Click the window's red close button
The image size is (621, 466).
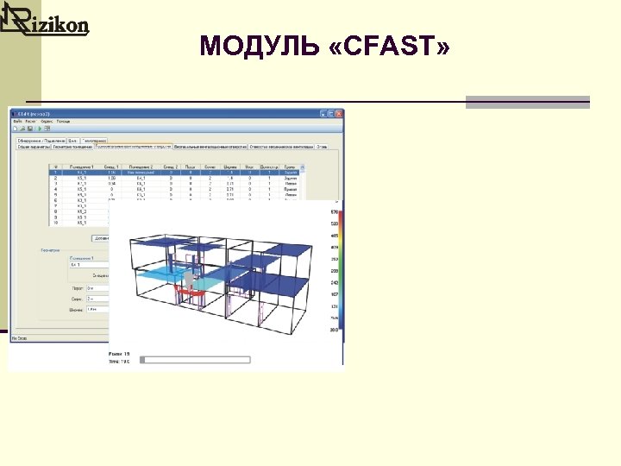click(338, 112)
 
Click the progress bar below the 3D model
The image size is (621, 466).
click(196, 358)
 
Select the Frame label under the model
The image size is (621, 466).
click(118, 354)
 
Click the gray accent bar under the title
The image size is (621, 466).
click(527, 103)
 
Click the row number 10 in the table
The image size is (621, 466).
click(55, 222)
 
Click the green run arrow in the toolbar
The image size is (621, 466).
click(40, 129)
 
